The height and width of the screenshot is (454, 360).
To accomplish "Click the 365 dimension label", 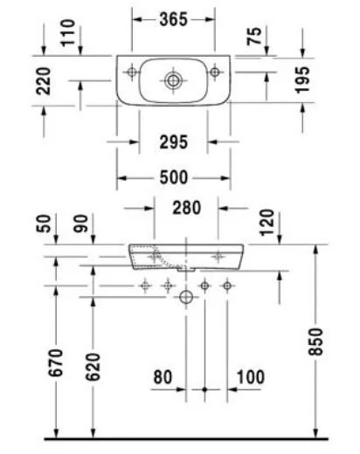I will pos(174,18).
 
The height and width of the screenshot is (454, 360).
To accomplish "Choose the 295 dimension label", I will pos(174,141).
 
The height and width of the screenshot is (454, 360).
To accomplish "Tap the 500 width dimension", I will pos(174,177).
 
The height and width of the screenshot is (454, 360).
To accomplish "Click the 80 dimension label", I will pos(163,377).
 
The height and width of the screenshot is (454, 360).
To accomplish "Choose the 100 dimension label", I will pos(251,377).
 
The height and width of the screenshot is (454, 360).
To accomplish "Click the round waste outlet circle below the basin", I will pos(185,299).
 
